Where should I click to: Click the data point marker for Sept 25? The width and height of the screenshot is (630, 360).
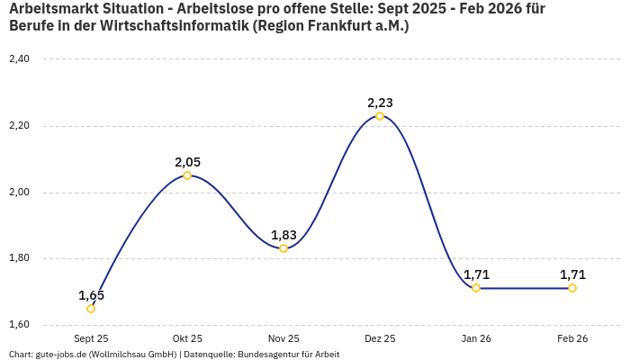(91, 309)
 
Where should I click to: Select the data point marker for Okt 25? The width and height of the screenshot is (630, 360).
(187, 175)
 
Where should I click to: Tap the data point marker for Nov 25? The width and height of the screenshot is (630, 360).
(283, 248)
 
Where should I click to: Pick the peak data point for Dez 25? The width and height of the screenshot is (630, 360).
(380, 116)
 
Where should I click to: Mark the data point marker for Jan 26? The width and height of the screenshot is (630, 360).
(476, 288)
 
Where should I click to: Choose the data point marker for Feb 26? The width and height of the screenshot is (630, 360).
(572, 288)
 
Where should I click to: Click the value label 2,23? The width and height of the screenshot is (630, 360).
(380, 103)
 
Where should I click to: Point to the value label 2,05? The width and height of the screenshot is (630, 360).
(187, 162)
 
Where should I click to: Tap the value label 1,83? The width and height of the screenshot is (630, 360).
(283, 235)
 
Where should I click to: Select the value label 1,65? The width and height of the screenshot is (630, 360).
(91, 295)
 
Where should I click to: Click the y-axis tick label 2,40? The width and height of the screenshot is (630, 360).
(19, 59)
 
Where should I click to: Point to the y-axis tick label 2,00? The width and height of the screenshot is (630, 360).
(19, 193)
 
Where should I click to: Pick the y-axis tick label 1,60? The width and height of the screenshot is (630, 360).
(19, 325)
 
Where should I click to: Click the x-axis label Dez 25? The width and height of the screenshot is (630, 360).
(380, 338)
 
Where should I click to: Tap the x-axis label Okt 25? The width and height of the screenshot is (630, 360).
(187, 338)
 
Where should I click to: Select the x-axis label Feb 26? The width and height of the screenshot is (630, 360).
(572, 338)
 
